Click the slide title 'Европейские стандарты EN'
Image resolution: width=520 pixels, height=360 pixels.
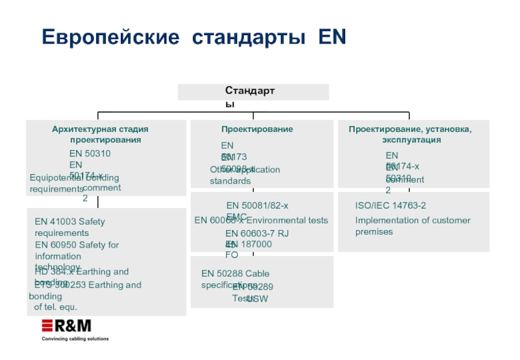click(x=194, y=37)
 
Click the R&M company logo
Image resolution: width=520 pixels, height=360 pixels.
click(x=66, y=326)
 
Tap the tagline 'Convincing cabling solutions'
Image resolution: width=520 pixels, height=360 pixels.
click(x=75, y=339)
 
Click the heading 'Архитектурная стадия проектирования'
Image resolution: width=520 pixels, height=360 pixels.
click(x=105, y=135)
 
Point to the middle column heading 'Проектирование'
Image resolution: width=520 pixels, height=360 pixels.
click(x=257, y=129)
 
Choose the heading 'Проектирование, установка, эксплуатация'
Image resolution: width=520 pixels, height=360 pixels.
click(x=410, y=135)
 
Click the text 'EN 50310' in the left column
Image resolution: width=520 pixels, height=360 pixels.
click(x=90, y=153)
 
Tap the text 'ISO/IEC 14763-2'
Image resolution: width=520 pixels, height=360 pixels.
click(x=391, y=205)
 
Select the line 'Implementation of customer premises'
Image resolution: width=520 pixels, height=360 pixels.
click(x=412, y=225)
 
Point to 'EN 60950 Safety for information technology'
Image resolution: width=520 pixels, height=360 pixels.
click(x=77, y=250)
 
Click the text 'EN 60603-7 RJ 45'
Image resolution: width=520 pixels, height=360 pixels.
click(x=257, y=233)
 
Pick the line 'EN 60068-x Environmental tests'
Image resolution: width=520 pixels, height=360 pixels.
click(x=261, y=221)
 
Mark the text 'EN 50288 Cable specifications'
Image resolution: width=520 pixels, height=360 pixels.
click(x=235, y=278)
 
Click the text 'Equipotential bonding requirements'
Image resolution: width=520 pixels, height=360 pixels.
click(x=74, y=183)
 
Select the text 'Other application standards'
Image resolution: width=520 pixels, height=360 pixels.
click(x=244, y=175)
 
